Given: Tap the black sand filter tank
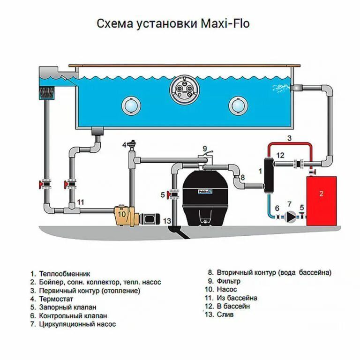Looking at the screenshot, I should coord(202,197).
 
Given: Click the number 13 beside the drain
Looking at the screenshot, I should coord(167,221).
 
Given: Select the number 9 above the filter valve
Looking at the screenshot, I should coord(205,149).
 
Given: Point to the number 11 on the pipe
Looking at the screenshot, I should coord(81,202).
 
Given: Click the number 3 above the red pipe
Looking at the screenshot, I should coord(289,138).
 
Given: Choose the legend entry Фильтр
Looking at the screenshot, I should coord(229,281).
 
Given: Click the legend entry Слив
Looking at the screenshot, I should coord(225,315).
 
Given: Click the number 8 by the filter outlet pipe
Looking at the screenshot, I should coord(242,178).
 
